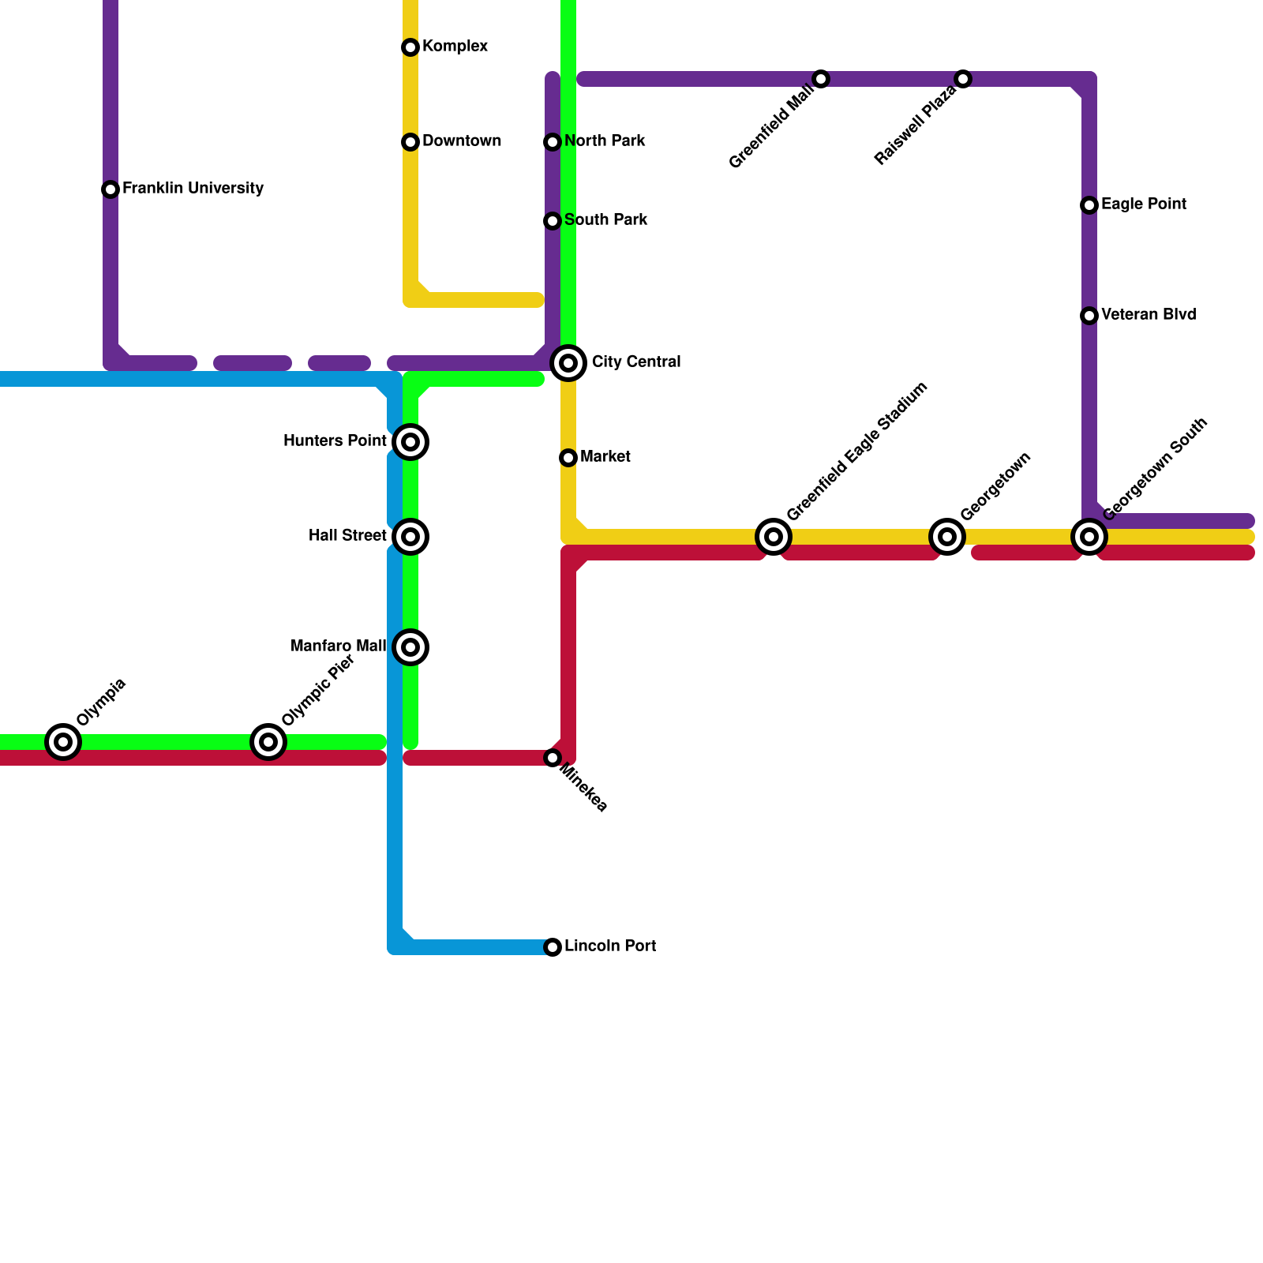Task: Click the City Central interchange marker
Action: [568, 363]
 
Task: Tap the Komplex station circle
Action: [410, 47]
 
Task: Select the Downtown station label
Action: [461, 141]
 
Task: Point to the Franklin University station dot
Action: [111, 189]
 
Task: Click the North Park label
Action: [605, 141]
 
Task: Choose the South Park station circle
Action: [553, 221]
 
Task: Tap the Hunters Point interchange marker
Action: [410, 442]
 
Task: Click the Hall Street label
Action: [347, 536]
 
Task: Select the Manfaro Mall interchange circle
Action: [410, 647]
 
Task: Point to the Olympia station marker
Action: [63, 742]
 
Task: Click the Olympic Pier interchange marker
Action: [268, 742]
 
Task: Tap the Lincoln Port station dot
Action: [553, 947]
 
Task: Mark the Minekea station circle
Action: [553, 758]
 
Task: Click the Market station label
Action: [605, 457]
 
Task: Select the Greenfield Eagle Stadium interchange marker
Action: [774, 537]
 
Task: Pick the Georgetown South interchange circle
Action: [1089, 537]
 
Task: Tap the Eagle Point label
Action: [1143, 204]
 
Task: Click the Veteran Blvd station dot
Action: [1089, 316]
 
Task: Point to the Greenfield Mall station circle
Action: [821, 79]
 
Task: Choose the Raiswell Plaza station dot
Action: [963, 79]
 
